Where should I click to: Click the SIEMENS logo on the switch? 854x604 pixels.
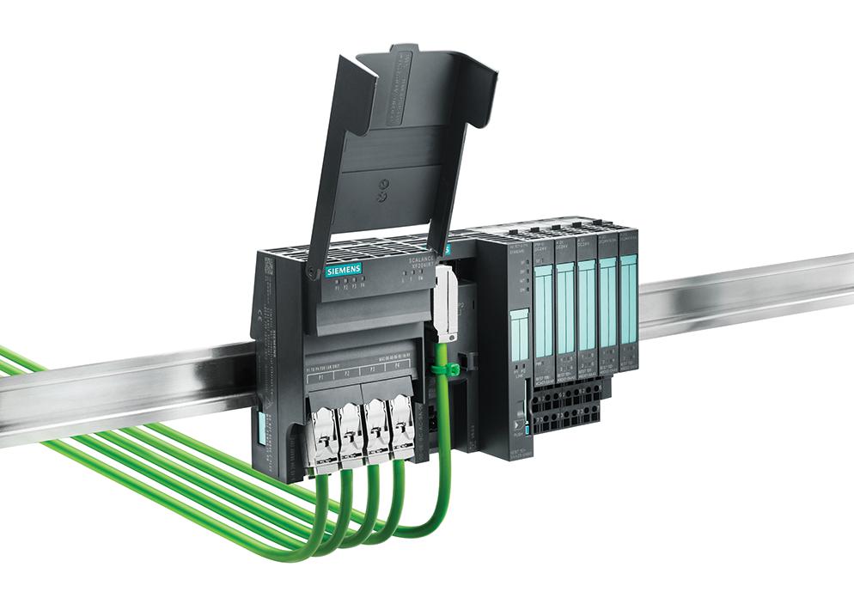pyautogui.click(x=343, y=270)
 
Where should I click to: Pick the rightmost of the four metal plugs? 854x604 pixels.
pyautogui.click(x=401, y=423)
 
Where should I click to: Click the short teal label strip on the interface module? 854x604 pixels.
pyautogui.click(x=521, y=335)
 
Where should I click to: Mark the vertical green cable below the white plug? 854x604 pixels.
pyautogui.click(x=444, y=430)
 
